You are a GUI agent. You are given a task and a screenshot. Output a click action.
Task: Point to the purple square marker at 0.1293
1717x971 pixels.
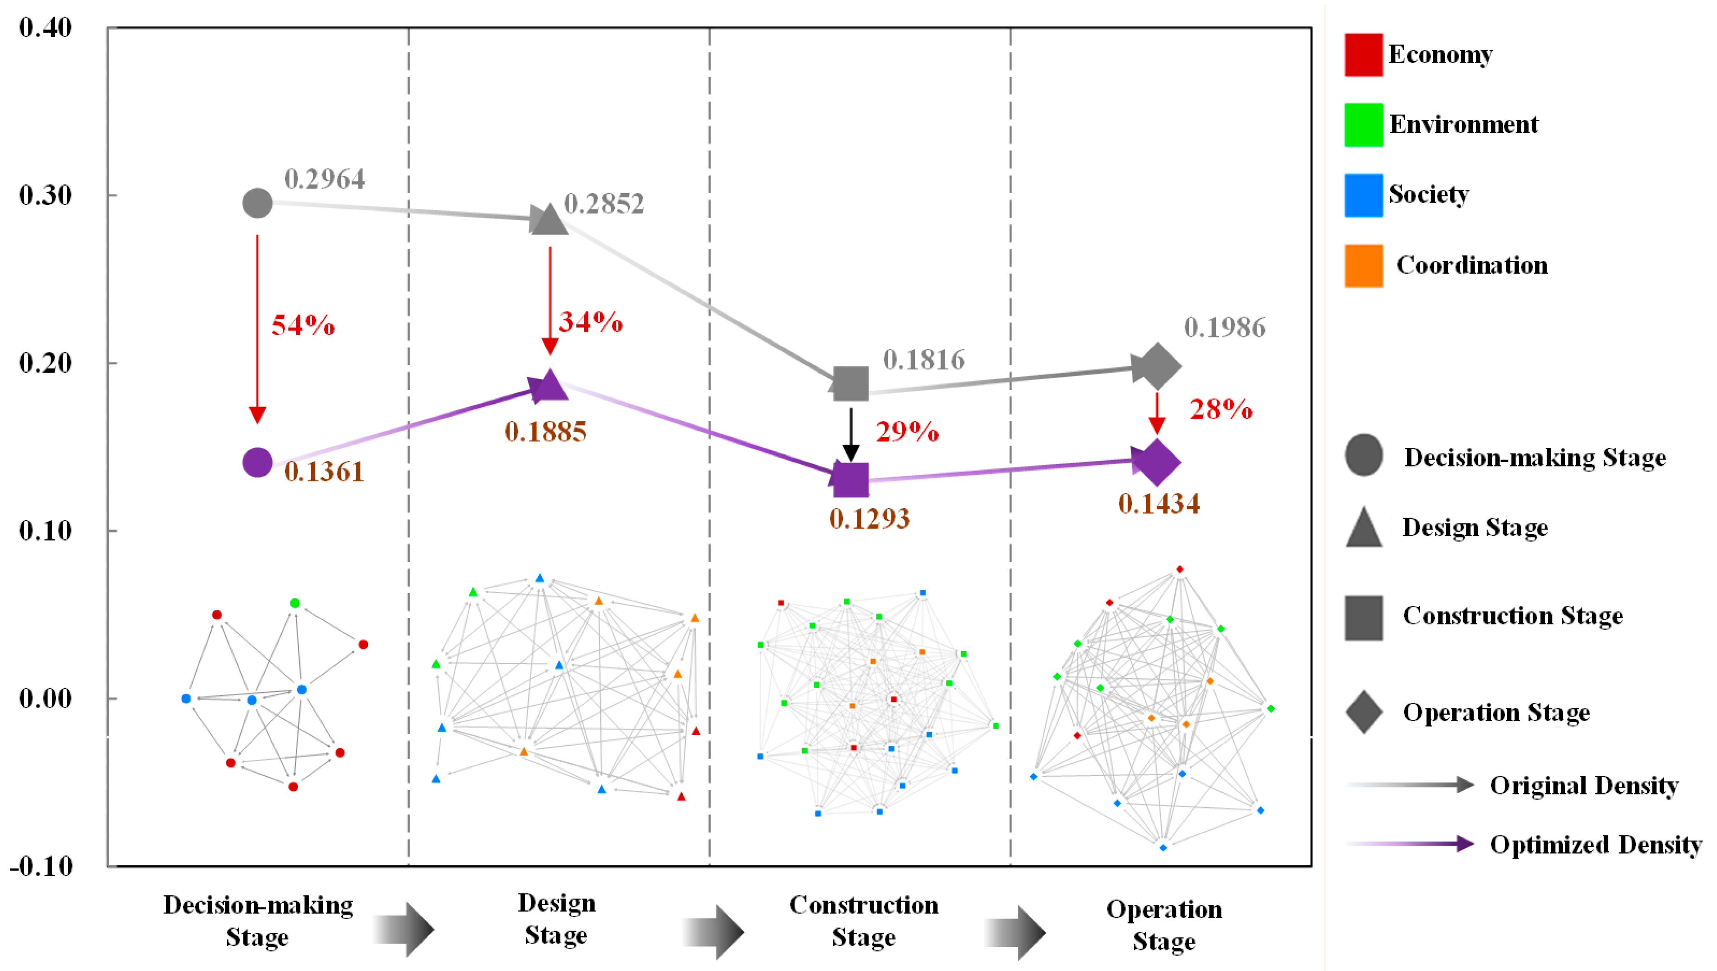coord(851,479)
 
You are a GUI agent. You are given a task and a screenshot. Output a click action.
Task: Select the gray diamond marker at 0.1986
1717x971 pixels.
coord(1156,366)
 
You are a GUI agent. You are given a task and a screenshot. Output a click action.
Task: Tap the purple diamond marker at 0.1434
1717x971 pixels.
coord(1156,461)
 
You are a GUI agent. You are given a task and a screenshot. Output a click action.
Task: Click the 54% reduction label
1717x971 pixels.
coord(303,325)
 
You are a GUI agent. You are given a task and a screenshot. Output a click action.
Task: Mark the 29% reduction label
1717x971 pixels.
coord(907,432)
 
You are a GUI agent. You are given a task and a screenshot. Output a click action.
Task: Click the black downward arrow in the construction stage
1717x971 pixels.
coord(851,434)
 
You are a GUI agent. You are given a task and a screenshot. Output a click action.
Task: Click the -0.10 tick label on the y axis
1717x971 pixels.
coord(41,866)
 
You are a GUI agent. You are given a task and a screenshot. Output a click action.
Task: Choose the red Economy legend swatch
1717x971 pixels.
coord(1363,55)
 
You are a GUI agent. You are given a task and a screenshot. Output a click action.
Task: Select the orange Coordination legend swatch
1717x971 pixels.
coord(1363,265)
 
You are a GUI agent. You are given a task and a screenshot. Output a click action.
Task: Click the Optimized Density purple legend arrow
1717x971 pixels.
coord(1410,844)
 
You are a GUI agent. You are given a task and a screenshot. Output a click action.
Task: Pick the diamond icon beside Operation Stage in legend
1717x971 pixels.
coord(1363,712)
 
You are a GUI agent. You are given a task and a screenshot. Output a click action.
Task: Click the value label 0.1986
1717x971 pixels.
coord(1225,327)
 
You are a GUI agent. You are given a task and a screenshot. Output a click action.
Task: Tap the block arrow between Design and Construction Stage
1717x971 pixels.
coord(713,931)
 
